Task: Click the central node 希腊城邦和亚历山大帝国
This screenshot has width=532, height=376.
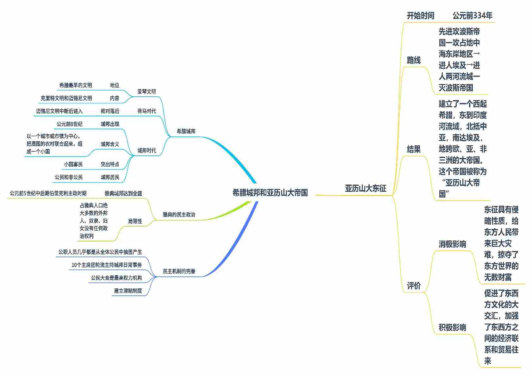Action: coord(270,193)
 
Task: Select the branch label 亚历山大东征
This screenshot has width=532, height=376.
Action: coord(365,189)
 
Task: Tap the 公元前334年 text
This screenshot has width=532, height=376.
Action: coord(472,16)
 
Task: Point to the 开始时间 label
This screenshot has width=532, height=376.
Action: coord(420,16)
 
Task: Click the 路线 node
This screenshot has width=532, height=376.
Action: coord(413,60)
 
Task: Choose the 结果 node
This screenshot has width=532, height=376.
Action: coord(413,149)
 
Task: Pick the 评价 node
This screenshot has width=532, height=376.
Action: coord(413,286)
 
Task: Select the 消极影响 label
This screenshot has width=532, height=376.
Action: coord(452,244)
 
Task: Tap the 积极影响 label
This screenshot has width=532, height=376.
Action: coord(452,327)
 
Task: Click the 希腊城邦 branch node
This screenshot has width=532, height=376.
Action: coord(186,131)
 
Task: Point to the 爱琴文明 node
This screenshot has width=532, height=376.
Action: coord(146,92)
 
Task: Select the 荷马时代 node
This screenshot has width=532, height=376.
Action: coord(146,111)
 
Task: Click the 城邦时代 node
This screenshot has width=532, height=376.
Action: coord(146,150)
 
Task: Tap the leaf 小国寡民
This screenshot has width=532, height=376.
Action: coord(73,164)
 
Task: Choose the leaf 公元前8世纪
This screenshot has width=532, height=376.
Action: coord(69,124)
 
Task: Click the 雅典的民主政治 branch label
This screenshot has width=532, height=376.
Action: coord(179,215)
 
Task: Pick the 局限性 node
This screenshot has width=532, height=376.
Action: coord(135,221)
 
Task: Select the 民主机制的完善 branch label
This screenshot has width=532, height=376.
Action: coord(179,271)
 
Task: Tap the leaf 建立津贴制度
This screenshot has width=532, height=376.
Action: coord(128,291)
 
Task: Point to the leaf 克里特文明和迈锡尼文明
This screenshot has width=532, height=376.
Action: coord(66,98)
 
